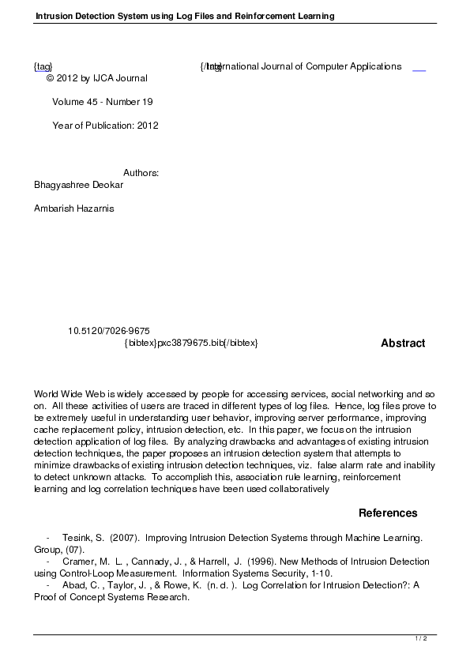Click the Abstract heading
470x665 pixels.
coord(403,344)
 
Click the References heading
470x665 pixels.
coord(388,513)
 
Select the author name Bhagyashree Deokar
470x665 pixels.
coord(79,185)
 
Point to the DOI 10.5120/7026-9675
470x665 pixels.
coord(110,331)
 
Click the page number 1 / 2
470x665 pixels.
coord(421,638)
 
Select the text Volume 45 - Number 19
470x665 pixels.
coord(103,102)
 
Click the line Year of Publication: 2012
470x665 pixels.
coord(106,126)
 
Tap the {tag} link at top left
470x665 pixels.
coord(43,67)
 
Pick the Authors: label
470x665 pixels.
coord(141,173)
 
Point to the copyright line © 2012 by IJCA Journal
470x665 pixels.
coord(97,78)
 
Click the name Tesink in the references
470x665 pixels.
coord(77,537)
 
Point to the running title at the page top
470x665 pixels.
coord(185,16)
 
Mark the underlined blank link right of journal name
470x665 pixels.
coord(419,68)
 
